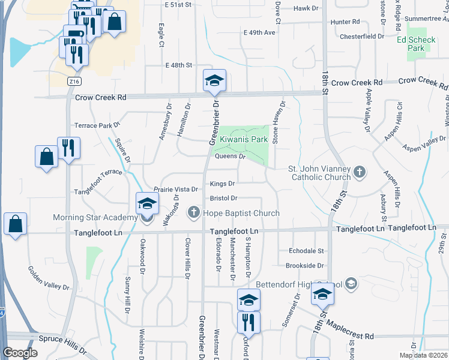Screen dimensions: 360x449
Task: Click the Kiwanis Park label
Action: [243, 139]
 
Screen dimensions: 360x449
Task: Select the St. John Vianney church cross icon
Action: [360, 173]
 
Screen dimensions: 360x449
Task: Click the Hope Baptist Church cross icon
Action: [194, 212]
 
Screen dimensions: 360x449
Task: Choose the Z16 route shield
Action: [74, 82]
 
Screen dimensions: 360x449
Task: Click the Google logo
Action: [20, 353]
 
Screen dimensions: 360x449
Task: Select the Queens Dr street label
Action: [231, 156]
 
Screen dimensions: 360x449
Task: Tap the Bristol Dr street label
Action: [223, 198]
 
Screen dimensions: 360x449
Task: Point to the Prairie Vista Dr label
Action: [176, 189]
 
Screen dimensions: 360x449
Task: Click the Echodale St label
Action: [306, 251]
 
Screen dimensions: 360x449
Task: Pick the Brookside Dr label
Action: [305, 265]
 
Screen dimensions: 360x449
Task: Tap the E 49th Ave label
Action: [259, 32]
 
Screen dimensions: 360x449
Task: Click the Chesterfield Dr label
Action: [361, 36]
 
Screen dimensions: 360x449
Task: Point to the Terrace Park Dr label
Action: [97, 125]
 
